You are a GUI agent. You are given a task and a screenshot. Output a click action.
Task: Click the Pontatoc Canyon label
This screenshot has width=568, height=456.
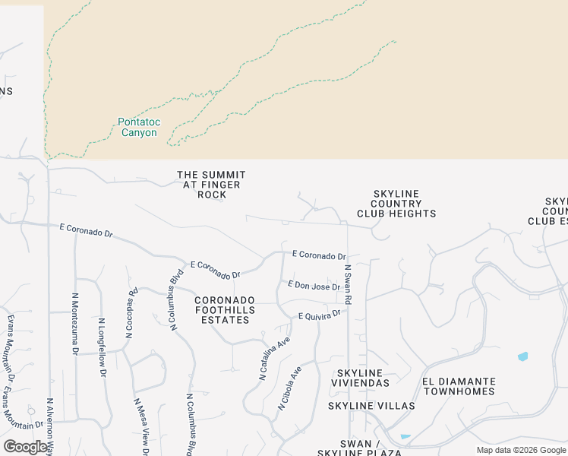click(x=137, y=127)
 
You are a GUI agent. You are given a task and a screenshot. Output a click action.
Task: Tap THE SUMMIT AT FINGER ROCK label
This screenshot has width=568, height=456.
click(x=211, y=185)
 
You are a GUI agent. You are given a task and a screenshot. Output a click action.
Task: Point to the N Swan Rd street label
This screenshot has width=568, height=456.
click(x=348, y=285)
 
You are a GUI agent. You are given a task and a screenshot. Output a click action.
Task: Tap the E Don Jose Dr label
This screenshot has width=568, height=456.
click(x=314, y=285)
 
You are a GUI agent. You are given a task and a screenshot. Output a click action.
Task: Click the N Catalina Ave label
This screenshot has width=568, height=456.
click(x=275, y=357)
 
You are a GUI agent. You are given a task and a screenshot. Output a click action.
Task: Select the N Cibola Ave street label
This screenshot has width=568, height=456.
click(x=289, y=388)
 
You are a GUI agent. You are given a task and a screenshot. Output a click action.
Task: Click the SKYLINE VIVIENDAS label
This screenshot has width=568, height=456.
click(x=363, y=378)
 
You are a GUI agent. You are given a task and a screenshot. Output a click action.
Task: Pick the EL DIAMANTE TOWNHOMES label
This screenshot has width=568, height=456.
click(x=459, y=386)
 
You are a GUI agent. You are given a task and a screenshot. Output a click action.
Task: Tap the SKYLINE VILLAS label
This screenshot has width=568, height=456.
click(x=371, y=406)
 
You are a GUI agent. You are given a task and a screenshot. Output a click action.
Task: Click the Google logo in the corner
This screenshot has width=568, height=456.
click(x=25, y=447)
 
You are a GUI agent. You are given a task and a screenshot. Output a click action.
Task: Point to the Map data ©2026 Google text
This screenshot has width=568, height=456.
click(x=520, y=450)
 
